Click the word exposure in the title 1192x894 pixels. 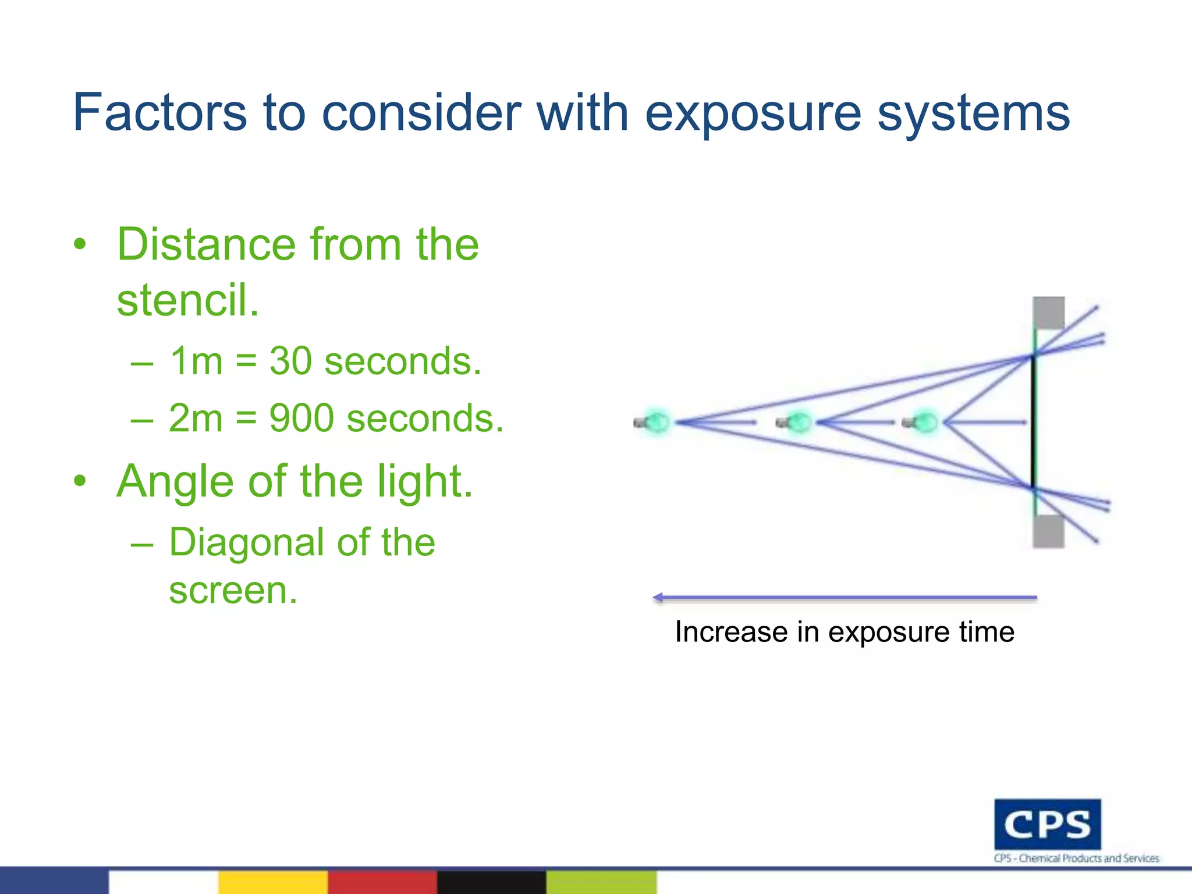point(753,113)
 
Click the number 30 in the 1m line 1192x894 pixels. point(290,361)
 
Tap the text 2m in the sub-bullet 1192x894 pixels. point(196,418)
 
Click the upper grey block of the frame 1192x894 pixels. point(1048,313)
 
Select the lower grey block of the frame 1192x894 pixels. point(1048,531)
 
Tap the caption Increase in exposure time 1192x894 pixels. point(844,632)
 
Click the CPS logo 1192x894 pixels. point(1047,824)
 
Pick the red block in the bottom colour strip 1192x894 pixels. point(382,882)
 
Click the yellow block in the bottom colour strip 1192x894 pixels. point(272,882)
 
